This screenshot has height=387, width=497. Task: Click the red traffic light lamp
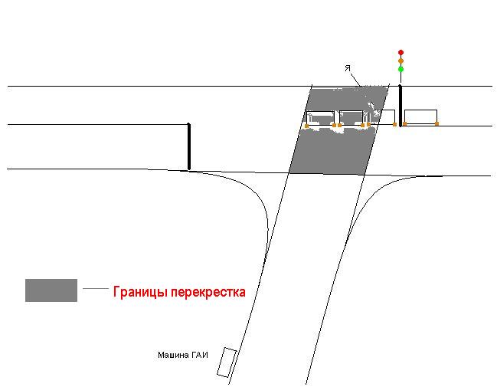401,52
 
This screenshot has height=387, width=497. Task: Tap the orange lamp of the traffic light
401,61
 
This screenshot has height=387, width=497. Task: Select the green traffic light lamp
401,69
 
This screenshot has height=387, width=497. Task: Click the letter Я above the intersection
348,68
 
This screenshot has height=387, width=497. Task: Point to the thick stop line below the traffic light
401,106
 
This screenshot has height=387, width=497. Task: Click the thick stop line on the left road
189,146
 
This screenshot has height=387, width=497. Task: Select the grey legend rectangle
51,290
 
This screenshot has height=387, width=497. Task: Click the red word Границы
140,292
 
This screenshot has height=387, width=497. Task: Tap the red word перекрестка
208,292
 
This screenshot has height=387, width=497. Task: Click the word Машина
170,355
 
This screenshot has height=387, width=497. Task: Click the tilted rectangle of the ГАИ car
227,362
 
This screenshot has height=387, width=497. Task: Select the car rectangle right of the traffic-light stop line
421,116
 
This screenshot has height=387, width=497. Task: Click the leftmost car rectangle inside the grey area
320,118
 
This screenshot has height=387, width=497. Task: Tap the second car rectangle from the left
351,118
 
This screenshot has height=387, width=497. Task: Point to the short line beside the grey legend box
96,288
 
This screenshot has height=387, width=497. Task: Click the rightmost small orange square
437,123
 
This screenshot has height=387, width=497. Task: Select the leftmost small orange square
306,126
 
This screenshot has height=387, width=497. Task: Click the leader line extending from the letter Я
355,79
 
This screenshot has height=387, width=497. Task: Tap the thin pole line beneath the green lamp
401,77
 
